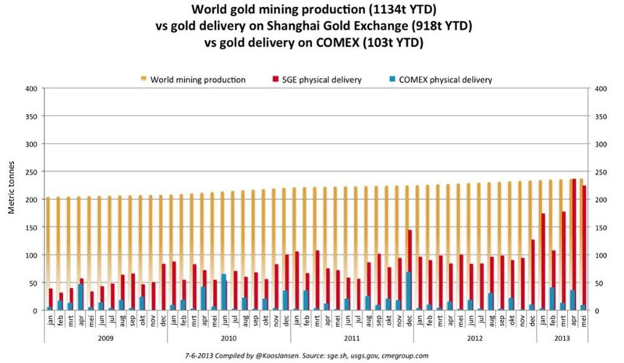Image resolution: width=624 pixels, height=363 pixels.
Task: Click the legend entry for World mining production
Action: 199,80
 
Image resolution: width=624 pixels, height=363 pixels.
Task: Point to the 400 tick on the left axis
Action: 31,88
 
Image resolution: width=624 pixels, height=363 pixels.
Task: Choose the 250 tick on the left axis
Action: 31,172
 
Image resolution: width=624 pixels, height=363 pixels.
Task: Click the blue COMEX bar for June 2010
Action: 223,292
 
